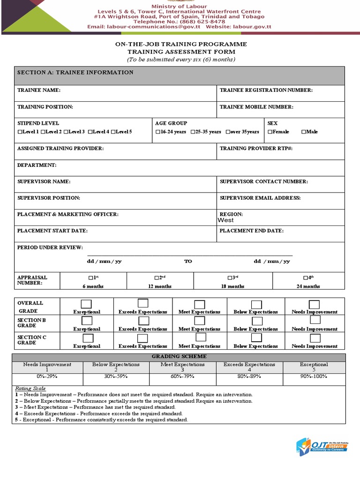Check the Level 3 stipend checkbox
pos(66,132)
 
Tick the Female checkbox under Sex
pos(270,132)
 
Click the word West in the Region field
pos(225,220)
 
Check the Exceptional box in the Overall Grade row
pos(87,304)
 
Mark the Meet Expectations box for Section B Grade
pos(200,321)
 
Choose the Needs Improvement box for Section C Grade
pos(315,338)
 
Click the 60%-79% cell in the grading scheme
pos(182,376)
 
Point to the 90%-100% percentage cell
pos(314,376)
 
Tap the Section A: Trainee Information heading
pos(75,73)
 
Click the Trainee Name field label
pos(39,90)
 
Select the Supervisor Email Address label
pos(260,198)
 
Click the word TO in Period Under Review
pos(188,262)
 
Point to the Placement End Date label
pos(251,231)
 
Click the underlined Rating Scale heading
pos(30,389)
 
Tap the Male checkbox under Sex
pos(304,132)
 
